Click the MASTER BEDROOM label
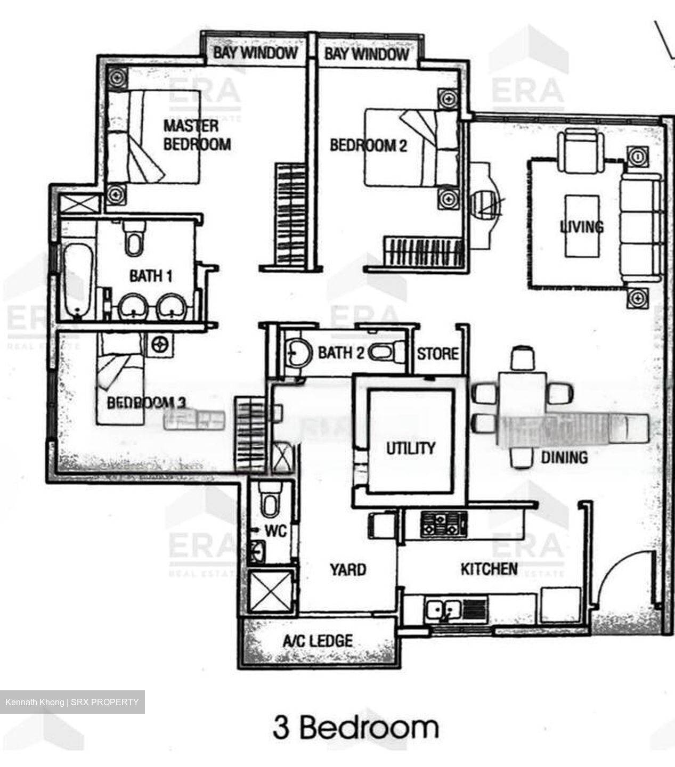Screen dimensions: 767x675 coord(197,135)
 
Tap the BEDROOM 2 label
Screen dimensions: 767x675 coord(368,145)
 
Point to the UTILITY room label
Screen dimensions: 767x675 coord(410,447)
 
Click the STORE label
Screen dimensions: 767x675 coord(437,354)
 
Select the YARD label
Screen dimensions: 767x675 coord(347,569)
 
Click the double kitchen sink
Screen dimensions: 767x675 coord(443,608)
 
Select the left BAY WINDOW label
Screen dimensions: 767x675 coord(255,53)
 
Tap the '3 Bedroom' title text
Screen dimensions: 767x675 coord(356,728)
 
